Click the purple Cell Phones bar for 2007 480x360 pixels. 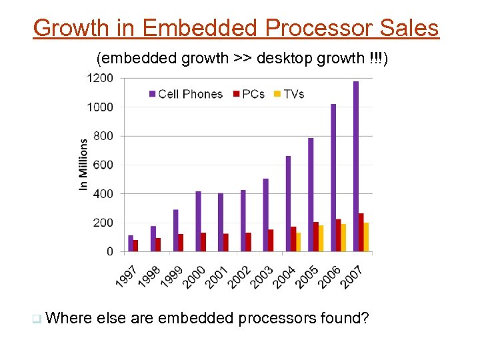point(356,167)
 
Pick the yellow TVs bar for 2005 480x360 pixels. point(321,239)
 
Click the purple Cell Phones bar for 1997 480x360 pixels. point(131,243)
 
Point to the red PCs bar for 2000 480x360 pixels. point(203,242)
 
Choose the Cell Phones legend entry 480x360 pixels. point(186,94)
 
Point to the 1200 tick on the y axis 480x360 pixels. point(100,78)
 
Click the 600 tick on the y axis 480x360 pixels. point(104,165)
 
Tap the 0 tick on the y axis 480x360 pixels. point(109,252)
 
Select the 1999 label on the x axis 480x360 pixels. point(171,276)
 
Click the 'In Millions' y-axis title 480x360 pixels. point(83,165)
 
